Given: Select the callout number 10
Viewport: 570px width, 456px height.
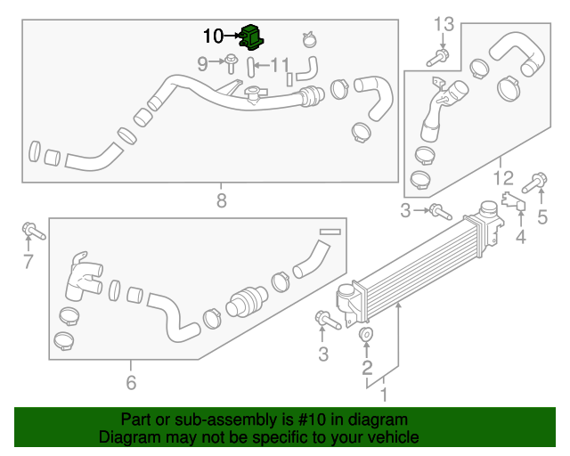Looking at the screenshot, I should [214, 37].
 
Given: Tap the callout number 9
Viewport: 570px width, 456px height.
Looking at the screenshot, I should [202, 63].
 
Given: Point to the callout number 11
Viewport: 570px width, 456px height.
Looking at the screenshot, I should [280, 64].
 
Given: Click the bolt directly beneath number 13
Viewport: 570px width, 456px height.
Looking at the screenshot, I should [440, 56].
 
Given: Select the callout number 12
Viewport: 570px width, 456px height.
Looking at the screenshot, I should [504, 177].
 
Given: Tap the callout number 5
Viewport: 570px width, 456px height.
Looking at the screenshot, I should [541, 216].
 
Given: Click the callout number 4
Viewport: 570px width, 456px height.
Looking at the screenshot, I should [521, 237].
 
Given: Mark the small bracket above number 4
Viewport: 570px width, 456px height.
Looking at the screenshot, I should [513, 202].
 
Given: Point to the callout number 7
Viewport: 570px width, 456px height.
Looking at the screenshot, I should [28, 261].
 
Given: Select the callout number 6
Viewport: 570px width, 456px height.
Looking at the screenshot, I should [131, 383].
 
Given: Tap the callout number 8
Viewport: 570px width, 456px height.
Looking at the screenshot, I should [222, 201].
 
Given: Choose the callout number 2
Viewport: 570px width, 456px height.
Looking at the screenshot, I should [366, 367].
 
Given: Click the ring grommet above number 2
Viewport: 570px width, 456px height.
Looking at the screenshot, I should [366, 337].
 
